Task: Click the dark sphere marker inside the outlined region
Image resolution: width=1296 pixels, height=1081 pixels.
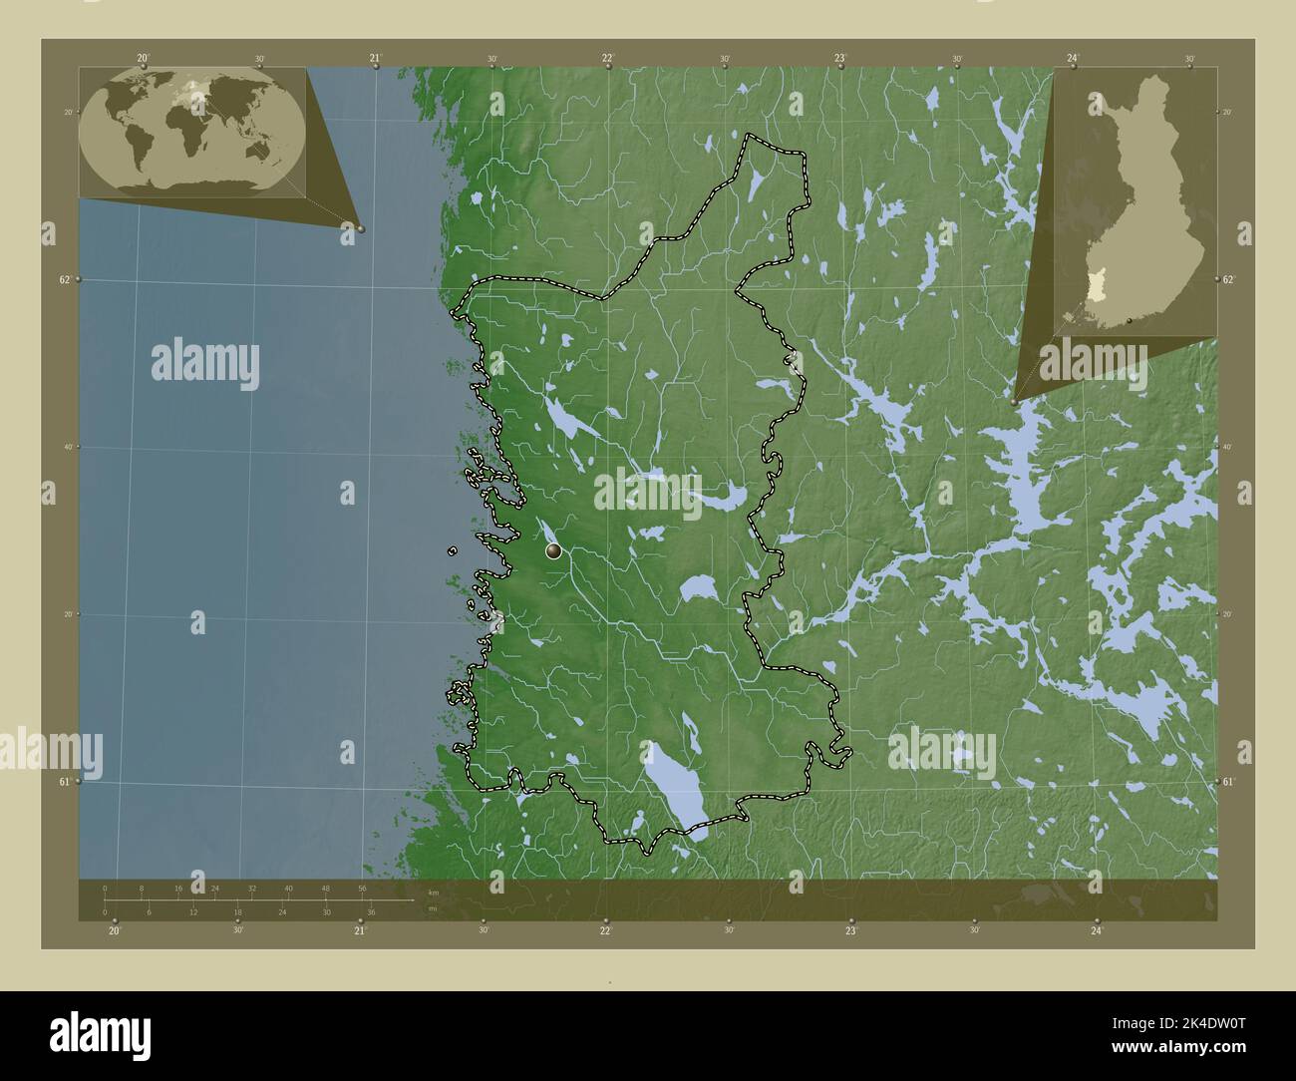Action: tap(553, 550)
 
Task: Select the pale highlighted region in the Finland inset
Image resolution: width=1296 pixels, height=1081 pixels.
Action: tap(1097, 287)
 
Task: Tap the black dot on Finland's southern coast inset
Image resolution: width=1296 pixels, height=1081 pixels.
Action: tap(1129, 321)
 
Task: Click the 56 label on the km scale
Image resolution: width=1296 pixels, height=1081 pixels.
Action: tap(362, 889)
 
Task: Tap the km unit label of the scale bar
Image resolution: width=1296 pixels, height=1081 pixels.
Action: tap(432, 893)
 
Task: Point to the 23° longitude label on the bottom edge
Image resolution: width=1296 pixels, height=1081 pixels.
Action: tap(850, 931)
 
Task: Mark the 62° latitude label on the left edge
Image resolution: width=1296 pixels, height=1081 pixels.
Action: tap(64, 280)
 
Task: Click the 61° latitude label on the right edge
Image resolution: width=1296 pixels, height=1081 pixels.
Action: tap(1229, 782)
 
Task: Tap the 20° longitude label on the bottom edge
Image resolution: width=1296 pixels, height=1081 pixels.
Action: tap(115, 931)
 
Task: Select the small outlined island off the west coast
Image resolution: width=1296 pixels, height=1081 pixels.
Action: tap(453, 550)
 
